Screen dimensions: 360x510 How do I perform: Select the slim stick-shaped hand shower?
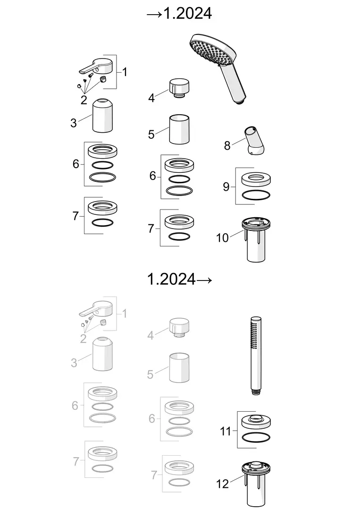point(256,356)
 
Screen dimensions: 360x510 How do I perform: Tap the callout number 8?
point(227,146)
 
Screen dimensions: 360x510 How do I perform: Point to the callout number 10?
point(223,238)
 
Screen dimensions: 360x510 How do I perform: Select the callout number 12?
point(223,484)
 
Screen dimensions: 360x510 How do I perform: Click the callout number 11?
point(226,431)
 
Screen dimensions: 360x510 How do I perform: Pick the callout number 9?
point(226,187)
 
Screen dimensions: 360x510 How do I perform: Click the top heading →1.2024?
point(179,13)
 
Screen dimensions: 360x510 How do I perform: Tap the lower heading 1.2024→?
point(180,279)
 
